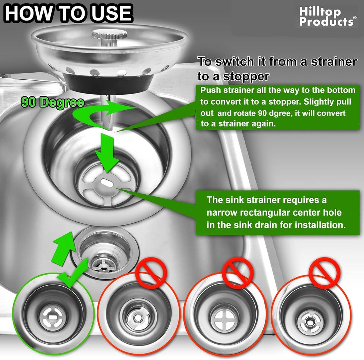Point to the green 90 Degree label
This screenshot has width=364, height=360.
click(53, 102)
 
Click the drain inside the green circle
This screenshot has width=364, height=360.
click(53, 315)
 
